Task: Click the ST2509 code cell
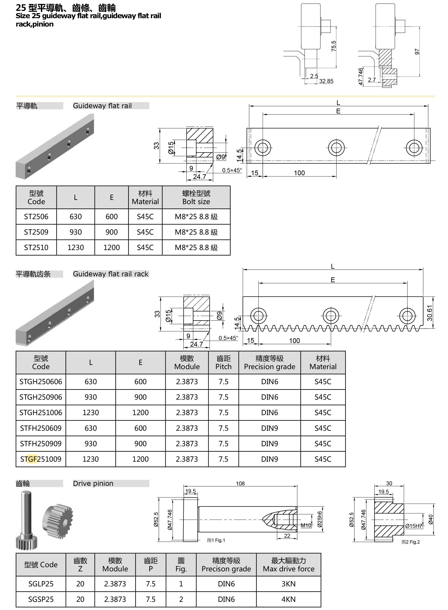[x=36, y=232]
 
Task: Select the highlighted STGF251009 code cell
[x=41, y=459]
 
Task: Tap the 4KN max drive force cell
[x=288, y=599]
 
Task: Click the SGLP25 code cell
[x=41, y=584]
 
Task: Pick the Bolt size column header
[x=196, y=197]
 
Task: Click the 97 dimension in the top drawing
[x=417, y=51]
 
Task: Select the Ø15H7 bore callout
[x=414, y=526]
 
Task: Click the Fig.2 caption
[x=411, y=542]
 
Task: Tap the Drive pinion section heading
[x=93, y=483]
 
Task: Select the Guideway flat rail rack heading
[x=111, y=274]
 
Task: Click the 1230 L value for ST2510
[x=75, y=247]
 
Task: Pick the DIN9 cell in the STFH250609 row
[x=269, y=428]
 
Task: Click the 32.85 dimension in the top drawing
[x=326, y=81]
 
